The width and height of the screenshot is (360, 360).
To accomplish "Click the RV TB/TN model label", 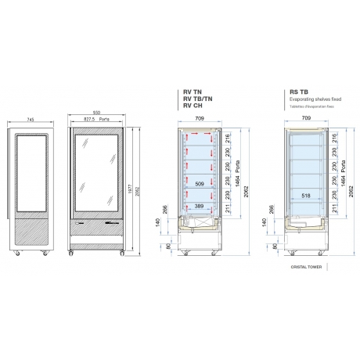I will [196, 98].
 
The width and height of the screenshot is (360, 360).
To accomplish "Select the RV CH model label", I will [192, 105].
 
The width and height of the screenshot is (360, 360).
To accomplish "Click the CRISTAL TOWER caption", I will [305, 266].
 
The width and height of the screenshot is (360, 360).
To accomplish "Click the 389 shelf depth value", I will [199, 204].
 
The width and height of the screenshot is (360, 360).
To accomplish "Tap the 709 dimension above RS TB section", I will [306, 118].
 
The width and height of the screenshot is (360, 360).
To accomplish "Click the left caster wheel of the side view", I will [19, 254].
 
